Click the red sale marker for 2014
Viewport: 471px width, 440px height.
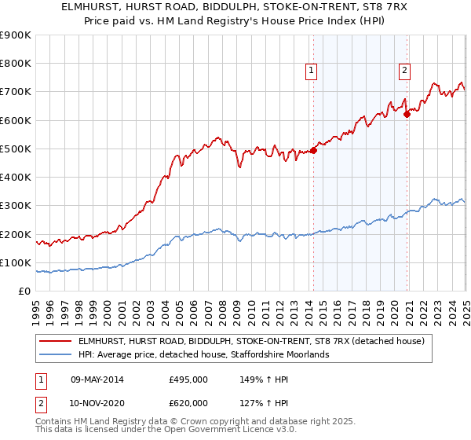(x=313, y=150)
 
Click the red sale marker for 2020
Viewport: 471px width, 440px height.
(x=407, y=115)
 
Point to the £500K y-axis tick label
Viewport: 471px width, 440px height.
(x=16, y=148)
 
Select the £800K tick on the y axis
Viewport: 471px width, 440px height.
(x=16, y=64)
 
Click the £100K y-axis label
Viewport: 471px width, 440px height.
(x=16, y=262)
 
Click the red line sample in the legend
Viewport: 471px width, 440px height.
(x=56, y=341)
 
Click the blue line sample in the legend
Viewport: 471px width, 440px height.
(x=56, y=354)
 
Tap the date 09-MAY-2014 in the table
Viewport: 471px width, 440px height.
(x=97, y=379)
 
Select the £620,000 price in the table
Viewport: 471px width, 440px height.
(x=188, y=405)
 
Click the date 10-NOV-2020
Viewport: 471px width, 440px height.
(x=97, y=405)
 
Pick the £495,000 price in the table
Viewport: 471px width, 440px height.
(x=188, y=379)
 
